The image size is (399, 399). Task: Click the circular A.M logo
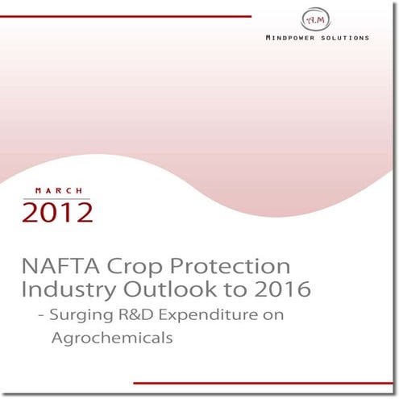(x=314, y=19)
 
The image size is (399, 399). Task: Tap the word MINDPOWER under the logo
(x=293, y=38)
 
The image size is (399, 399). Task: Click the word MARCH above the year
(x=58, y=190)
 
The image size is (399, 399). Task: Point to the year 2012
(x=58, y=212)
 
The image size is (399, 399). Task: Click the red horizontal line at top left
(x=129, y=15)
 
